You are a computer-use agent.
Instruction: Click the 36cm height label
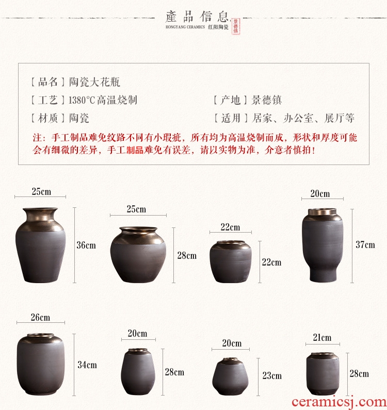86,245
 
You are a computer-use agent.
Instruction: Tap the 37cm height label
365,245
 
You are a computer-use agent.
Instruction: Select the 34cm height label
87,365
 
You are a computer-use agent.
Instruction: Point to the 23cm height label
272,376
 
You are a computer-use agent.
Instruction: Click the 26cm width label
40,318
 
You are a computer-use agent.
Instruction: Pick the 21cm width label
322,338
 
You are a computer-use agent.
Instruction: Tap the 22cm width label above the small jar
230,227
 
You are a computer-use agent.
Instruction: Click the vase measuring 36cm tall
41,245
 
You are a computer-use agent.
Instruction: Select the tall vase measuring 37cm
322,245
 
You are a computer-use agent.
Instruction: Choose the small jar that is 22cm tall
231,262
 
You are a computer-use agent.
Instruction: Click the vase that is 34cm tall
40,364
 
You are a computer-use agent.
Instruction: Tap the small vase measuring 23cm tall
230,376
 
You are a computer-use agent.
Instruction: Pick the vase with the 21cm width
322,374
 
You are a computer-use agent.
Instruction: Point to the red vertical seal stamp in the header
235,26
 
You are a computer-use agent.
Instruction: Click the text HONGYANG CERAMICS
185,27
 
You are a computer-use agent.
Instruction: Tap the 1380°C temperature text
82,100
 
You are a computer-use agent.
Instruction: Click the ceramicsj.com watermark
338,402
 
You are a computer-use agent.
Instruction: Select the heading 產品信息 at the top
197,17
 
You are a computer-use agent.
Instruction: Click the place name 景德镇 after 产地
266,100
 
